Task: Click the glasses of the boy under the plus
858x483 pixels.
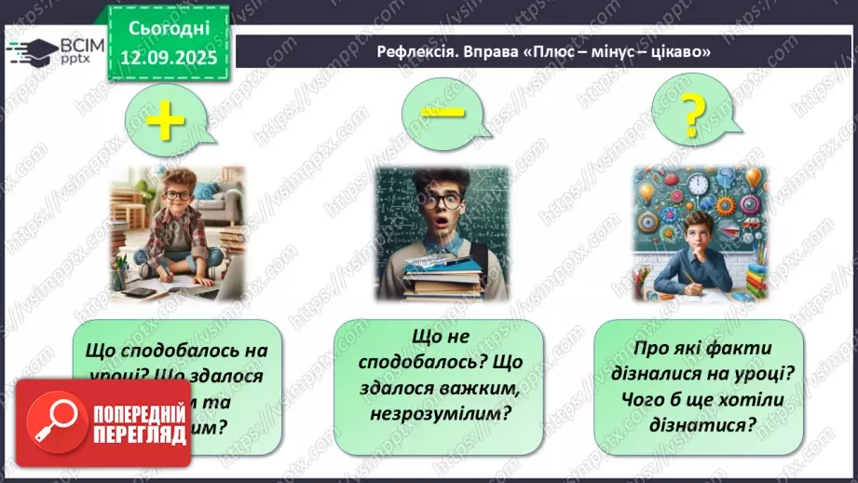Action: tap(177, 196)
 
